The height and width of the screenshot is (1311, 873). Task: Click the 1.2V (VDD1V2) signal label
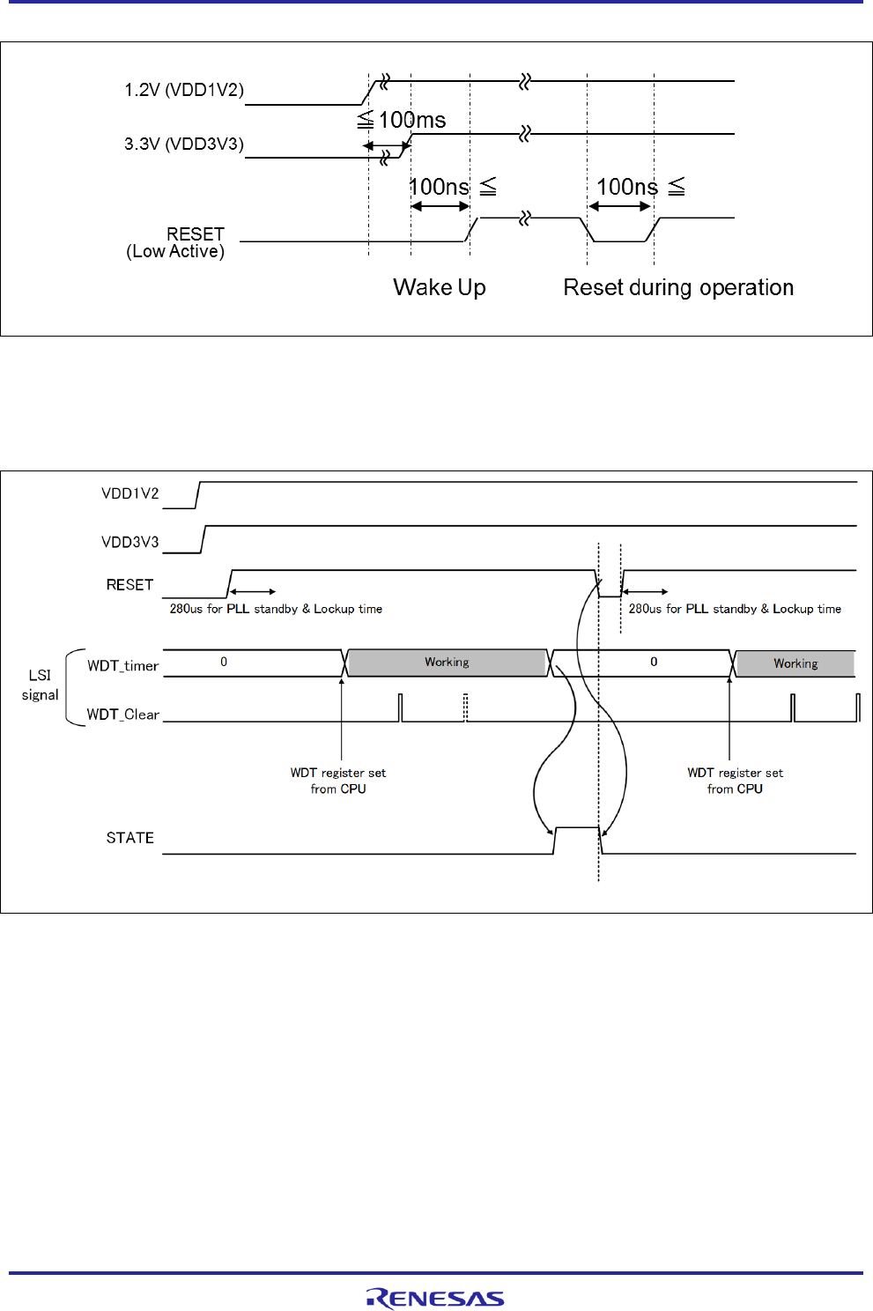184,90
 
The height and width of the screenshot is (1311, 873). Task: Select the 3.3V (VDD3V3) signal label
184,144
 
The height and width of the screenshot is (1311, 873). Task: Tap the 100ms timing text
411,120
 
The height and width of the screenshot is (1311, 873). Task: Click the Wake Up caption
440,287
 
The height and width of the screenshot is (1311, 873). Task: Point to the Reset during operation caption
678,287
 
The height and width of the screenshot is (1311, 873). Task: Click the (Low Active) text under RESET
175,252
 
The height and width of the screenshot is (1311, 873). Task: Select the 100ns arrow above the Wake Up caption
440,206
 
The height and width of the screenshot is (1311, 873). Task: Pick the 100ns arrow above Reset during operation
620,206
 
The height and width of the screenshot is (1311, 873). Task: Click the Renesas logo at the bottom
435,1298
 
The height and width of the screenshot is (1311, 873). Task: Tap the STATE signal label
130,838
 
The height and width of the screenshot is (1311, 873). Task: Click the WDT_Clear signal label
123,715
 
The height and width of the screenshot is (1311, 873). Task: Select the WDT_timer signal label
123,666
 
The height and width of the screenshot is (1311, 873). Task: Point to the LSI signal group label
41,685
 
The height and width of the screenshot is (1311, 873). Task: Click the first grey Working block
447,663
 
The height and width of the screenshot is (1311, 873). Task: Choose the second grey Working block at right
795,663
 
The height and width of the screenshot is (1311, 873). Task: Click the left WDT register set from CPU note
338,781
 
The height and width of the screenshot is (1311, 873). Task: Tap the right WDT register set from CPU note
736,781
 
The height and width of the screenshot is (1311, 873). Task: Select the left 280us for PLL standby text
276,609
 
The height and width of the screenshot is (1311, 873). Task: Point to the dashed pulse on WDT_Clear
465,707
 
